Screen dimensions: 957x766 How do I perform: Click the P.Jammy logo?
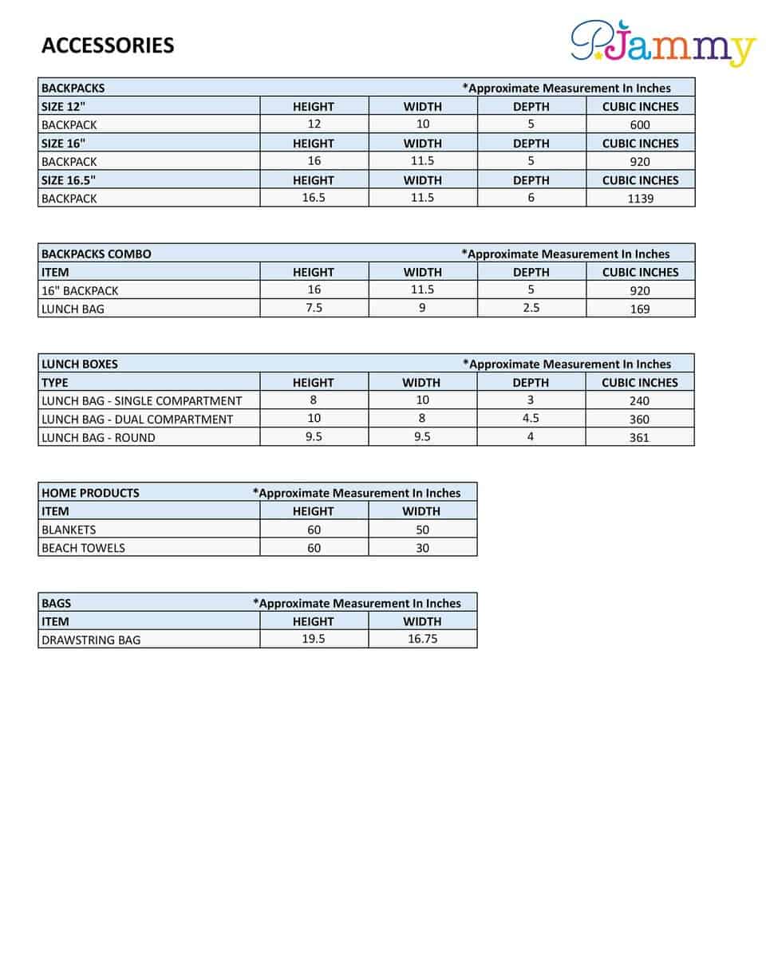662,43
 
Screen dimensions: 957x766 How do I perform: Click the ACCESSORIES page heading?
108,45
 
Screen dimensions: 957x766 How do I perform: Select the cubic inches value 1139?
640,199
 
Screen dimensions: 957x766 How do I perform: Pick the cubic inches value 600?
640,124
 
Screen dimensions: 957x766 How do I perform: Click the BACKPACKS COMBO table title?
96,254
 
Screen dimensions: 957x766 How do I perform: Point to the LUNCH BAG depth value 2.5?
531,308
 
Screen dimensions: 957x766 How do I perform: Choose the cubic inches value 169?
640,309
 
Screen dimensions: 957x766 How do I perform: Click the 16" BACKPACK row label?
80,290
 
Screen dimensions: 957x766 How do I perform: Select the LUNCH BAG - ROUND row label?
98,437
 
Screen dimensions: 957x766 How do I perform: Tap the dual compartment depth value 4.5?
531,418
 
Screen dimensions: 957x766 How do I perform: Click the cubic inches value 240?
640,401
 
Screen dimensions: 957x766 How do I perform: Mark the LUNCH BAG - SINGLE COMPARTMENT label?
141,400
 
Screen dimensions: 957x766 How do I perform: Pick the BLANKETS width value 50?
422,530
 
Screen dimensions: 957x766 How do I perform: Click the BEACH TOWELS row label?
83,548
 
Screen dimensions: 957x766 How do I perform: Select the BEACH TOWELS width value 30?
422,548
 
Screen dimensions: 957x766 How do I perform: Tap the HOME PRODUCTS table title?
90,493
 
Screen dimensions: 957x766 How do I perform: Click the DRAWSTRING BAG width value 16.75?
422,639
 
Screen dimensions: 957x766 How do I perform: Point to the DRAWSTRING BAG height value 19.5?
314,639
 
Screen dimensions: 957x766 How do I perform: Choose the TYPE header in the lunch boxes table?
55,382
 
